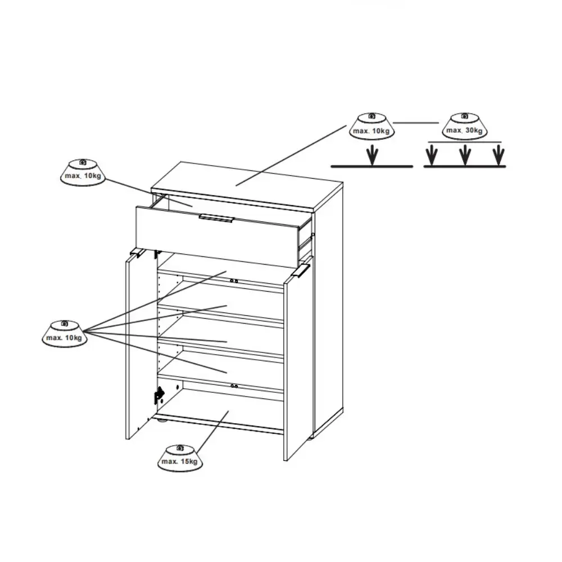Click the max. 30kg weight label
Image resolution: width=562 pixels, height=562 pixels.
point(465,126)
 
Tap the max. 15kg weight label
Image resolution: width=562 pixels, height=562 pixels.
point(180,457)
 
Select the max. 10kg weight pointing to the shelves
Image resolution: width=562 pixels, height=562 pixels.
point(65,334)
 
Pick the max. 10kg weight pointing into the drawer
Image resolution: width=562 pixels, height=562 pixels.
point(83,173)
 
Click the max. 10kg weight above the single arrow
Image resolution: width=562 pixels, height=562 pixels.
point(372,126)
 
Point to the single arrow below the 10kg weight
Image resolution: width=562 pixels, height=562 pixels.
point(373,155)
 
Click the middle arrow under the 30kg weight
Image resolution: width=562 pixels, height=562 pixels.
point(465,155)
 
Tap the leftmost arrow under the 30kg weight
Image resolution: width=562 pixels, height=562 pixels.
point(432,155)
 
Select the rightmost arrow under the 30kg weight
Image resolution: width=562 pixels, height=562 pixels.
point(498,155)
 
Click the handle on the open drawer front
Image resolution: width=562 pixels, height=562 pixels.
point(216,218)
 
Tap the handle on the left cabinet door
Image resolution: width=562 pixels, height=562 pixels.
point(137,253)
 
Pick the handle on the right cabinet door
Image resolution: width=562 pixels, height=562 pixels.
point(300,271)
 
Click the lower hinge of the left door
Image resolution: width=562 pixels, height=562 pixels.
point(159,395)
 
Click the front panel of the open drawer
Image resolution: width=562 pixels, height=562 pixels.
point(217,236)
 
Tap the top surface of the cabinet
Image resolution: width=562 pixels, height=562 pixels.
point(247,185)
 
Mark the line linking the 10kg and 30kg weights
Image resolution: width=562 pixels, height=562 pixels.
point(416,123)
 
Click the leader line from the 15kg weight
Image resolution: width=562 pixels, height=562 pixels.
point(212,432)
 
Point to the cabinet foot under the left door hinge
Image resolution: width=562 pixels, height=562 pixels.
point(163,420)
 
